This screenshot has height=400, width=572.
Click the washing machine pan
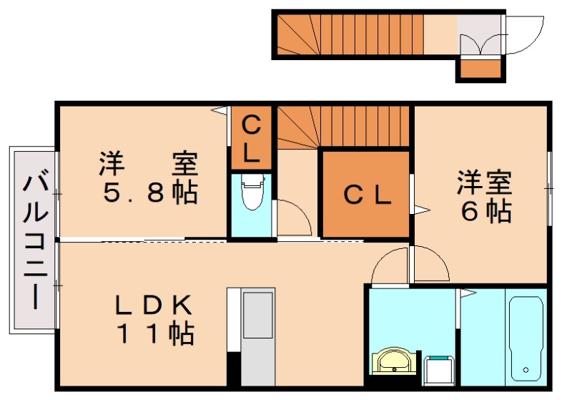click(x=438, y=368)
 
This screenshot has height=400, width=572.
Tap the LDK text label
click(x=154, y=306)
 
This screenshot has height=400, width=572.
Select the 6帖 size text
click(x=486, y=210)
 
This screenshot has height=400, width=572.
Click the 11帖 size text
click(x=154, y=333)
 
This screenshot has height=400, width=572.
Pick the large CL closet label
click(x=366, y=195)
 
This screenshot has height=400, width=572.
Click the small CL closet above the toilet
click(x=250, y=139)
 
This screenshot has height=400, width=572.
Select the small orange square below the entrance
click(x=479, y=69)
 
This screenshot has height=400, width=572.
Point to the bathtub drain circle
click(x=526, y=370)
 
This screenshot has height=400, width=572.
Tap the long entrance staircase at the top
click(x=350, y=34)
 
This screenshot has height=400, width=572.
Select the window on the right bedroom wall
click(x=549, y=187)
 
